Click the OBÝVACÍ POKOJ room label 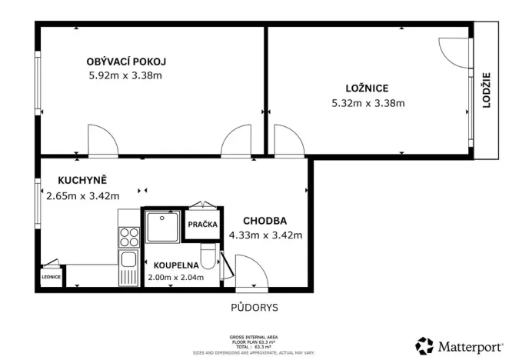tap(127, 62)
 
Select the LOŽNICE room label tap(367, 88)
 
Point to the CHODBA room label tap(264, 221)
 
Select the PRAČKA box tap(203, 225)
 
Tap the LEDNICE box tap(52, 278)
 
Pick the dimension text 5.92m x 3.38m tap(126, 76)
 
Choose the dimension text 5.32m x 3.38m tap(368, 103)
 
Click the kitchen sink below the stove tap(128, 260)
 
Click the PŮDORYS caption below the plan tap(254, 308)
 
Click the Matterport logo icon tap(424, 345)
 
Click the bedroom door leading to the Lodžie tap(457, 53)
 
